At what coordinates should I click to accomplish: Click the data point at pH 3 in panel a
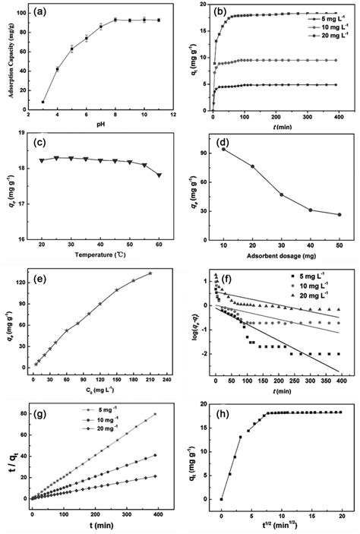coord(43,102)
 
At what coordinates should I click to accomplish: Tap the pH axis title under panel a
coord(100,125)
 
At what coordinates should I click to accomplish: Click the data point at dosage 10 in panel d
coord(223,149)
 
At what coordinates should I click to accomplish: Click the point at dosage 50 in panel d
coord(339,215)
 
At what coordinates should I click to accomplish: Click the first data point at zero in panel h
coord(221,499)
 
